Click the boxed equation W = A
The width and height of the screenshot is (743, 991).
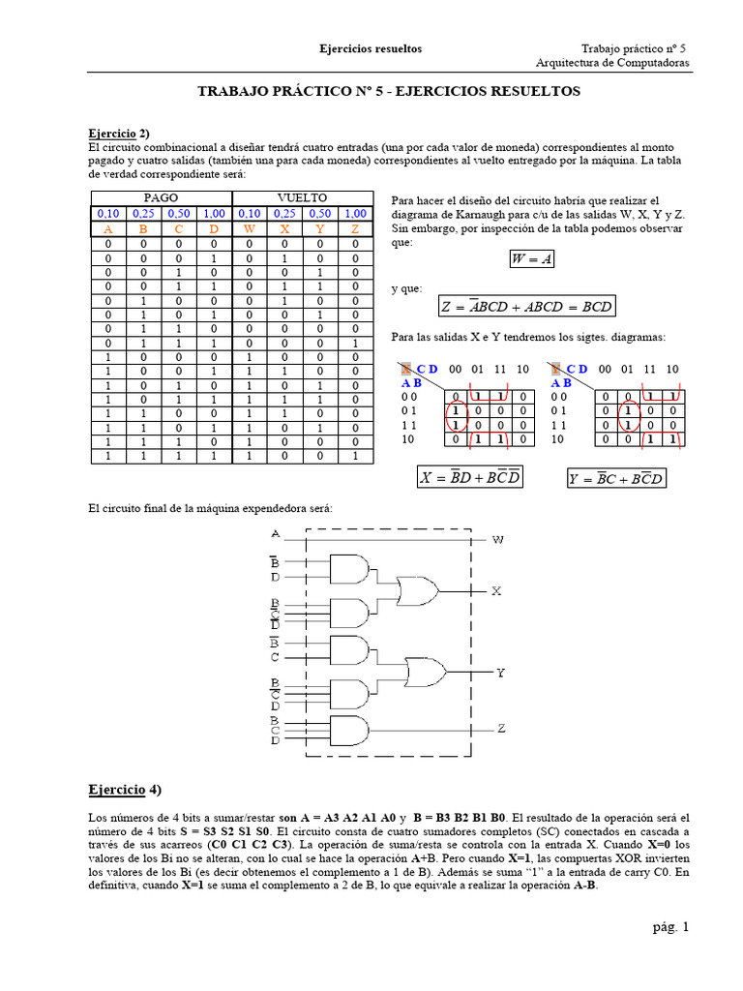(531, 260)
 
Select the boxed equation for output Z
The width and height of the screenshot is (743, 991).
(526, 307)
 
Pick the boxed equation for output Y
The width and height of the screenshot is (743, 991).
(617, 477)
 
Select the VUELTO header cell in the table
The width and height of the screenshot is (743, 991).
(302, 197)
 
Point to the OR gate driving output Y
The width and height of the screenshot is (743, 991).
(425, 671)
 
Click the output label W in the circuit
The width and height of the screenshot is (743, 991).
(497, 539)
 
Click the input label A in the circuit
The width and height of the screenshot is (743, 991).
(276, 533)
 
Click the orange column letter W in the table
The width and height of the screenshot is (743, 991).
(249, 229)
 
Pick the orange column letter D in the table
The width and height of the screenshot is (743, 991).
(214, 229)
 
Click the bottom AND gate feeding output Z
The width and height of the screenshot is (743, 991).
(349, 731)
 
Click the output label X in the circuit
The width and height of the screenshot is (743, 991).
(497, 589)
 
